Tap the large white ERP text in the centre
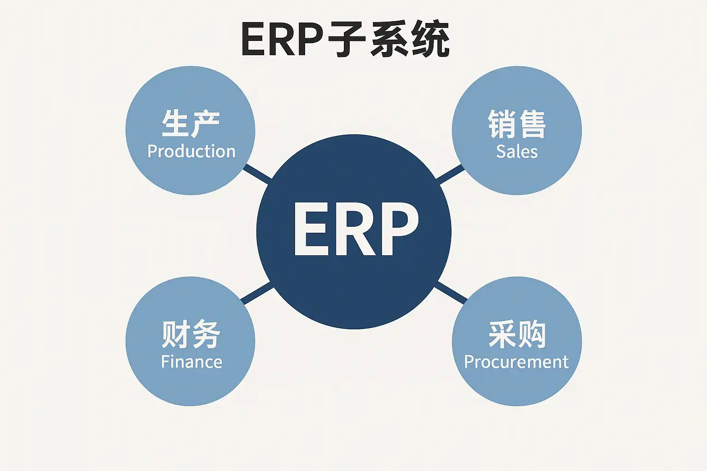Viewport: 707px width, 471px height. pyautogui.click(x=355, y=229)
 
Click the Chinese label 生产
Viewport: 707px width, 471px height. pyautogui.click(x=191, y=124)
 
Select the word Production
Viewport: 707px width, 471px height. pyautogui.click(x=191, y=151)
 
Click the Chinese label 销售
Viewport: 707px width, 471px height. pyautogui.click(x=516, y=124)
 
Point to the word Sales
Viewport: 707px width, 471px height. pyautogui.click(x=516, y=151)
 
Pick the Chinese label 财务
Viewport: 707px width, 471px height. pyautogui.click(x=191, y=334)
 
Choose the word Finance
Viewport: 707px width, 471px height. pyautogui.click(x=191, y=362)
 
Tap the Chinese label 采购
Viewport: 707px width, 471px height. pyautogui.click(x=516, y=334)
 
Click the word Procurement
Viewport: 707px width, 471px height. pyautogui.click(x=516, y=362)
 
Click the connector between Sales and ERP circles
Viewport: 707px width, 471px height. pyautogui.click(x=450, y=173)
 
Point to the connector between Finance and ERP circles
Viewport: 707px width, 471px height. pyautogui.click(x=257, y=293)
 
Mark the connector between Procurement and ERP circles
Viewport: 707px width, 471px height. pyautogui.click(x=451, y=293)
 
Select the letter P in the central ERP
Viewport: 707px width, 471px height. pyautogui.click(x=398, y=229)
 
